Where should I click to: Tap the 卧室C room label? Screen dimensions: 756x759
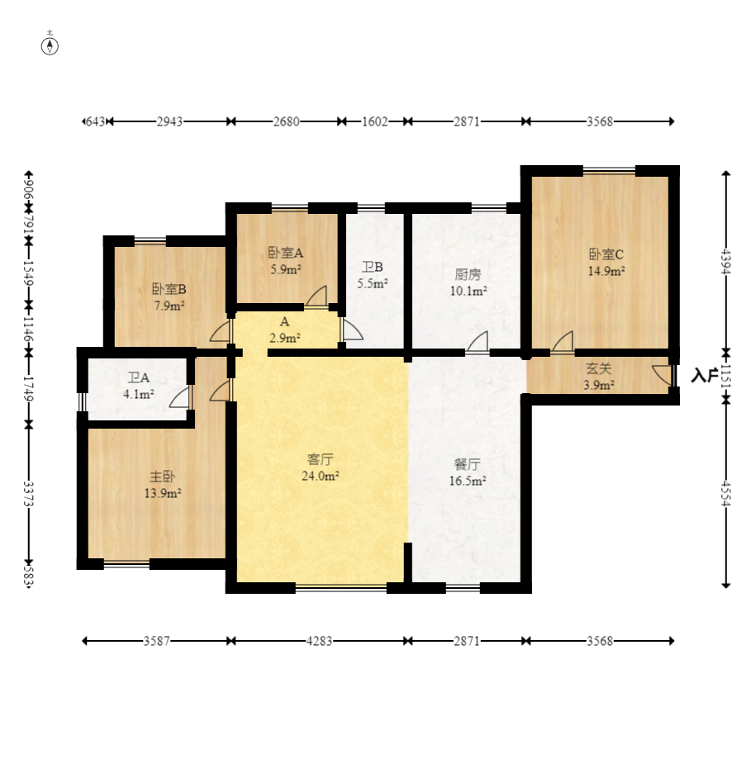pyautogui.click(x=606, y=254)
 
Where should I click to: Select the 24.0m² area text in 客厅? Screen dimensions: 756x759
pyautogui.click(x=320, y=476)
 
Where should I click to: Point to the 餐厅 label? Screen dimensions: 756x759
pyautogui.click(x=468, y=464)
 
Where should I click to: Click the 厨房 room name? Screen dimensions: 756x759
pyautogui.click(x=468, y=274)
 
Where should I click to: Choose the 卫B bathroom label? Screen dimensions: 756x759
pyautogui.click(x=373, y=267)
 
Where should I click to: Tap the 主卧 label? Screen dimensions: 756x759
pyautogui.click(x=162, y=477)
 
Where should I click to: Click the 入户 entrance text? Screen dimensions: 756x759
pyautogui.click(x=704, y=375)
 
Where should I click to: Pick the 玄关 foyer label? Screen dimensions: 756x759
pyautogui.click(x=598, y=368)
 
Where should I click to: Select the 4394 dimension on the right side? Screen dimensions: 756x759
pyautogui.click(x=725, y=261)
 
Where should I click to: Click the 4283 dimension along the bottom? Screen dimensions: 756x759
pyautogui.click(x=319, y=641)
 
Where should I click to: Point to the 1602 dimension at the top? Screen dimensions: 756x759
pyautogui.click(x=375, y=121)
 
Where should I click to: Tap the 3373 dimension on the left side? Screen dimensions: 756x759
pyautogui.click(x=29, y=494)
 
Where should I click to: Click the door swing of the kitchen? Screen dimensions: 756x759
pyautogui.click(x=478, y=341)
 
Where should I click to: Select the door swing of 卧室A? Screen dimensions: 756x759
pyautogui.click(x=316, y=296)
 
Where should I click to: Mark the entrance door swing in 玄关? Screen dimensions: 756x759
pyautogui.click(x=662, y=375)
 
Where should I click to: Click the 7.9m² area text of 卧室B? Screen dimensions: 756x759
pyautogui.click(x=169, y=306)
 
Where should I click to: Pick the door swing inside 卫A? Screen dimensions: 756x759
pyautogui.click(x=178, y=397)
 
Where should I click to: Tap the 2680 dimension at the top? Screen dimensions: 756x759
pyautogui.click(x=286, y=121)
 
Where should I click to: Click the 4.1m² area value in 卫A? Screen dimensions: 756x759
pyautogui.click(x=139, y=394)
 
